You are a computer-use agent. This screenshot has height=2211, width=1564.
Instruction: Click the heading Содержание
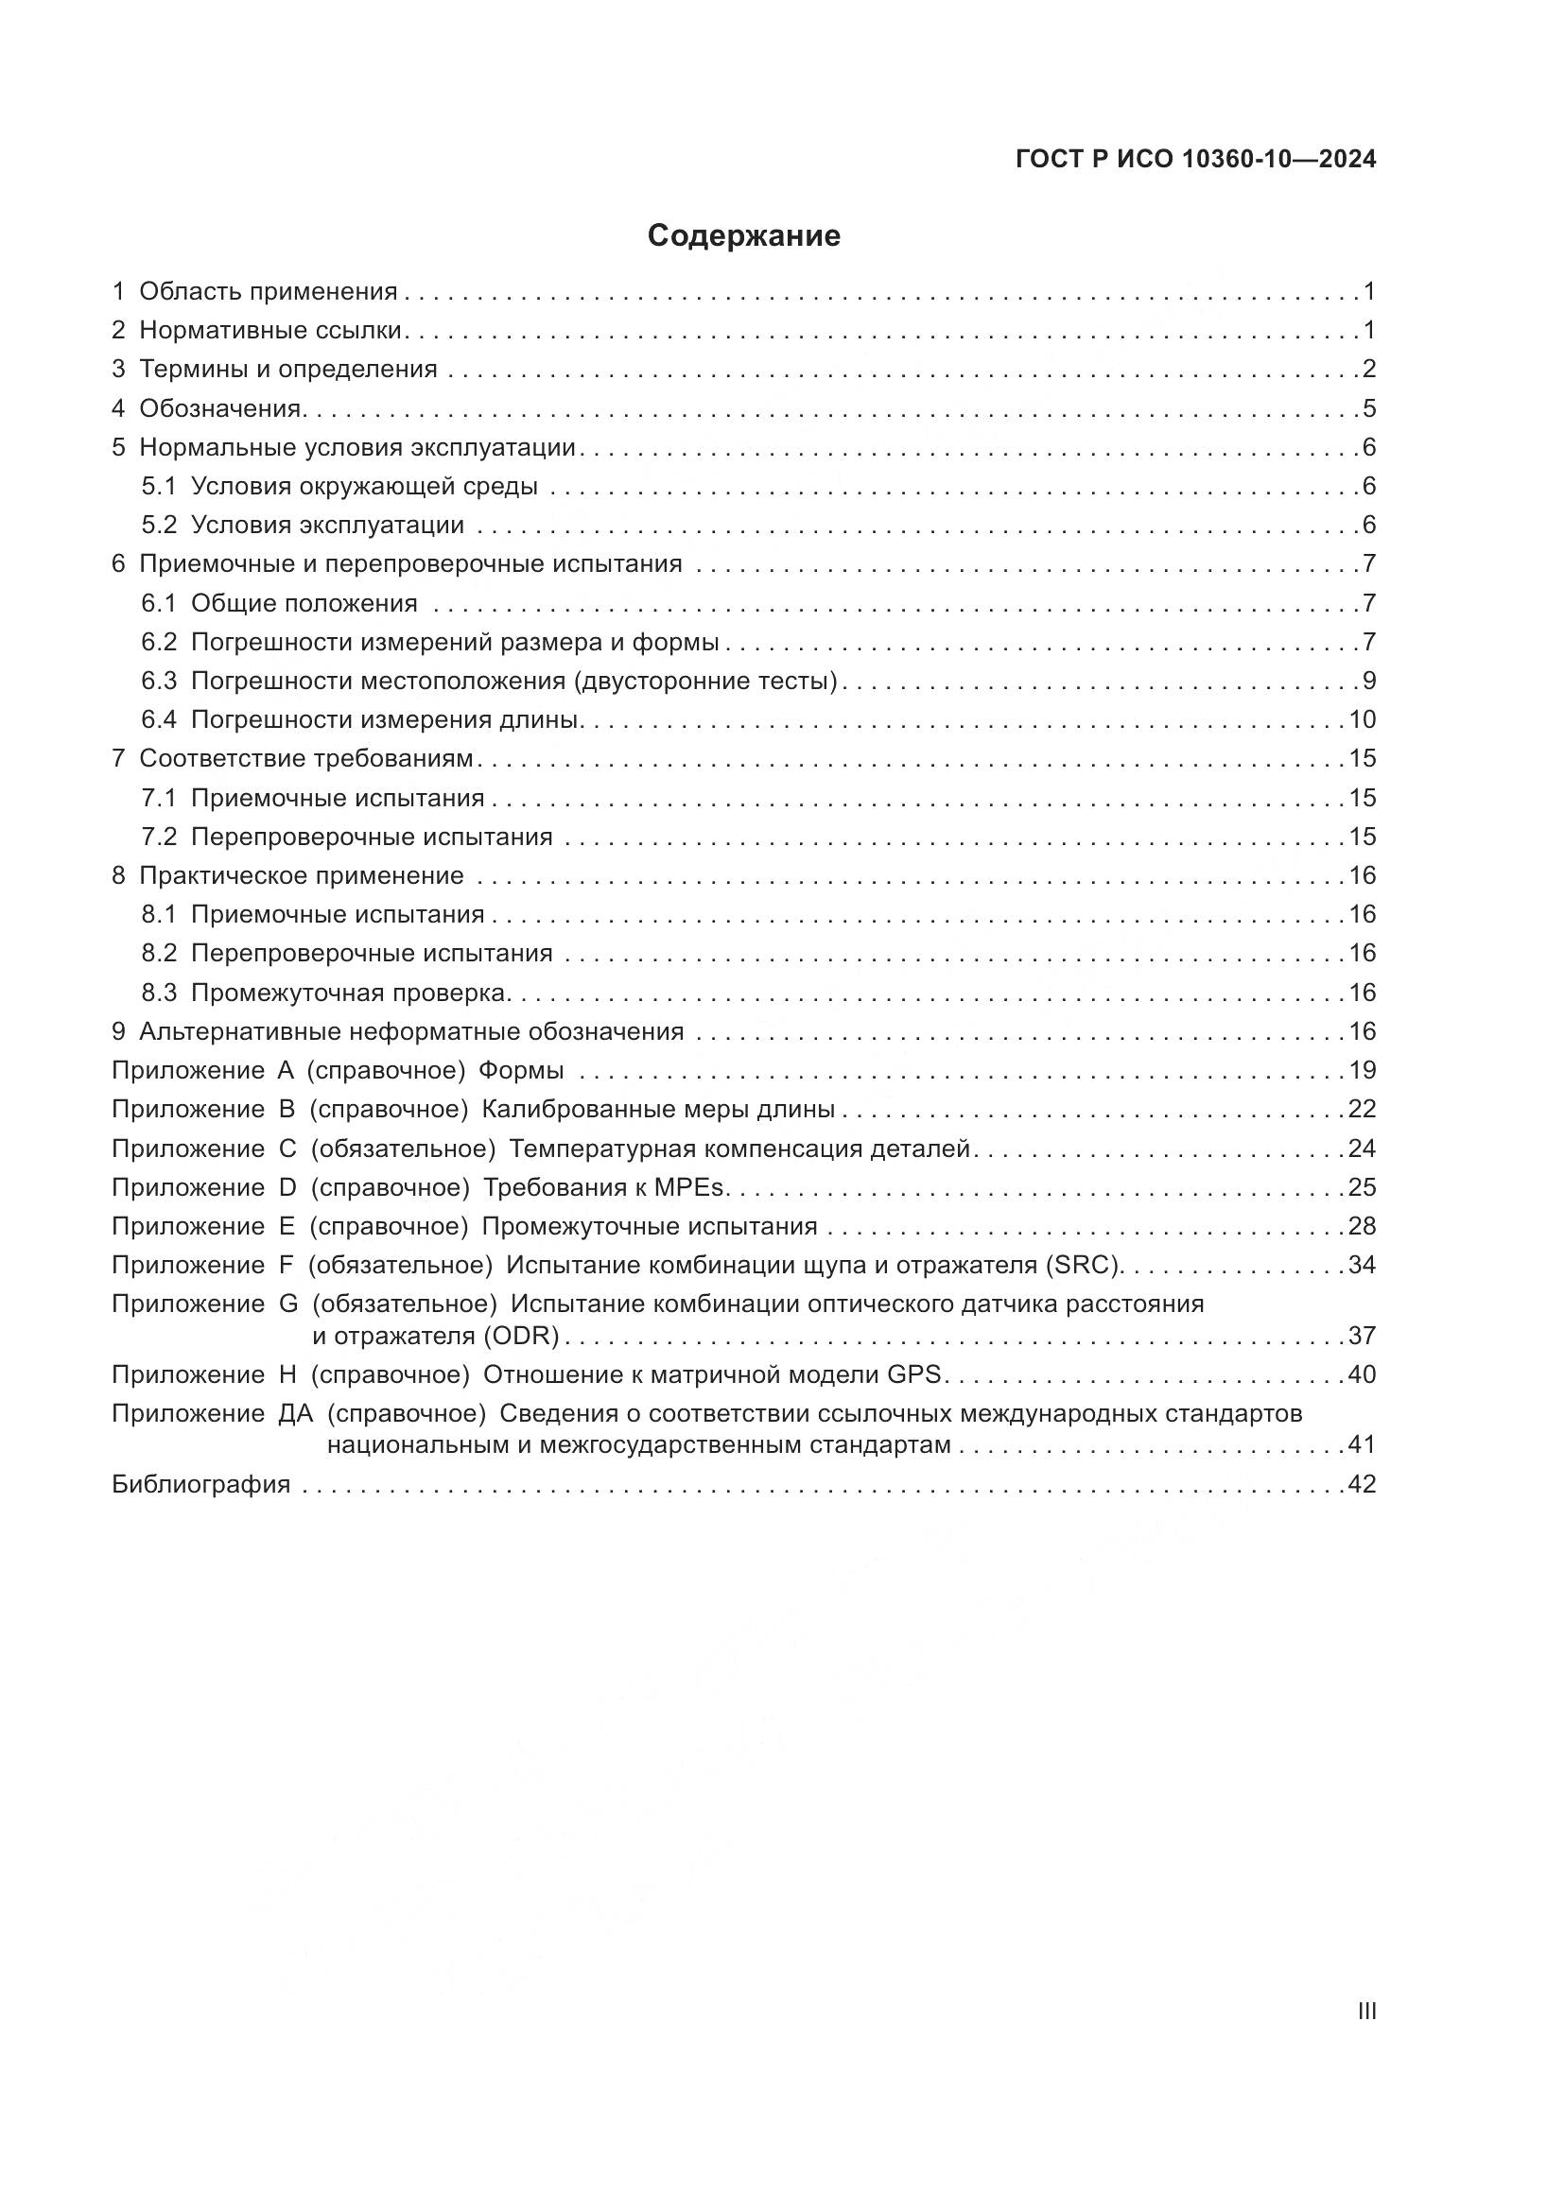(x=743, y=236)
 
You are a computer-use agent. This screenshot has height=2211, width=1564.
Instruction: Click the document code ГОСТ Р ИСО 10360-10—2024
(x=1195, y=160)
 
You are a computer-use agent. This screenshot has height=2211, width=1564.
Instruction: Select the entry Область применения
(x=268, y=292)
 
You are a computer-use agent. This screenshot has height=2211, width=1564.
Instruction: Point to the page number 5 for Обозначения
(x=1368, y=408)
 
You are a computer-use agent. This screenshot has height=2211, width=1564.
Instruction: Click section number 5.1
(x=159, y=486)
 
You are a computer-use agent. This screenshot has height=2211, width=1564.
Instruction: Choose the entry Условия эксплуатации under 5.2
(x=327, y=526)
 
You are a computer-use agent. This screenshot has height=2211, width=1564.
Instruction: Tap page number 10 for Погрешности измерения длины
(x=1362, y=720)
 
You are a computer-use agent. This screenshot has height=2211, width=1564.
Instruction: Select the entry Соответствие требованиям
(x=306, y=759)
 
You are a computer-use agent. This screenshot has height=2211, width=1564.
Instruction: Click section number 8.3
(x=159, y=993)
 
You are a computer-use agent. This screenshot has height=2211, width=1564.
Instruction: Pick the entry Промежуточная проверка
(x=349, y=993)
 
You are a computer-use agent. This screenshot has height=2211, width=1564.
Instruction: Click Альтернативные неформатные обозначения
(x=411, y=1032)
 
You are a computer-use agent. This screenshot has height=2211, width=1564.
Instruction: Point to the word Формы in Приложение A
(x=521, y=1071)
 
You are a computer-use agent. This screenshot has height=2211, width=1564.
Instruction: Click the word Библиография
(x=201, y=1484)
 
